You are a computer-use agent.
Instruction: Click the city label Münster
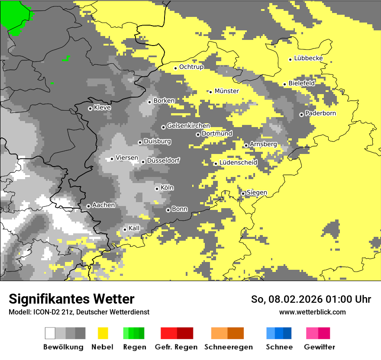[x=226, y=91]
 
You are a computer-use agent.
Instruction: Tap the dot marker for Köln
[x=157, y=189]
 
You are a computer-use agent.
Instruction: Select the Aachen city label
[x=103, y=205]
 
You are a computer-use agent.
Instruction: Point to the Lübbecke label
[x=308, y=59]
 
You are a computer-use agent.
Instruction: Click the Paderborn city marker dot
[x=301, y=115]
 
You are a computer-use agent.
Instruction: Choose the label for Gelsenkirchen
[x=188, y=126]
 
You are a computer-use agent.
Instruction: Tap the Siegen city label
[x=257, y=193]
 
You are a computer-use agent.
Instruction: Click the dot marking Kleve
[x=90, y=108]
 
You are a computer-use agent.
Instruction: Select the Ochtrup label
[x=191, y=67]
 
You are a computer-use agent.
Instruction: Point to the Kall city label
[x=134, y=228]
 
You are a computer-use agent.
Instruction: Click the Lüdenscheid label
[x=238, y=163]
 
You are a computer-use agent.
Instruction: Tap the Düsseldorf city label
[x=163, y=160]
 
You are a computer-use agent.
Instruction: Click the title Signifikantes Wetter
[x=71, y=299]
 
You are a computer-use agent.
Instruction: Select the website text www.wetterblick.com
[x=312, y=312]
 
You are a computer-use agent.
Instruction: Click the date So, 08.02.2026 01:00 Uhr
[x=311, y=299]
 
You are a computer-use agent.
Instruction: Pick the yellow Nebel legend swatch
[x=103, y=333]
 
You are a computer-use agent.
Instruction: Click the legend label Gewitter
[x=319, y=347]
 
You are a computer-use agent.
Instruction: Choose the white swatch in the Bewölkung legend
[x=50, y=333]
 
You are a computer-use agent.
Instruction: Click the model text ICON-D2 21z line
[x=79, y=312]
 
